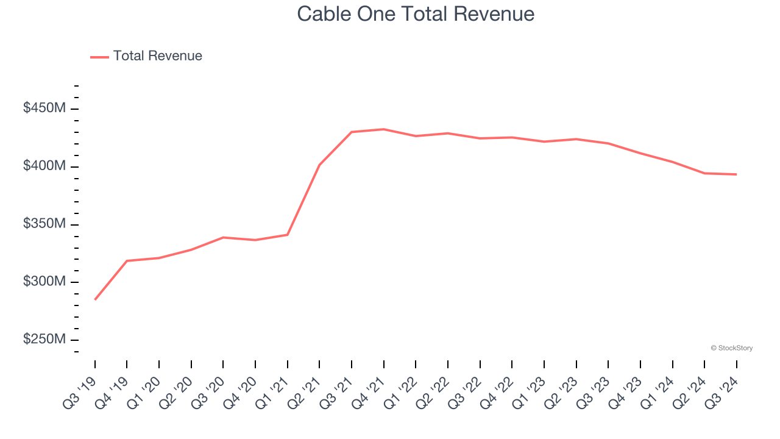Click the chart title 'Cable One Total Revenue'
point(416,13)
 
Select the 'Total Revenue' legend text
point(157,56)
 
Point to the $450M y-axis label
point(44,109)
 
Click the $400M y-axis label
point(44,166)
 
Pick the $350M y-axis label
point(44,224)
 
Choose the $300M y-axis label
point(44,282)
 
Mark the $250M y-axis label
point(44,340)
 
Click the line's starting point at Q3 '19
point(95,299)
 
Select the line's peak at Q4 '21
point(383,129)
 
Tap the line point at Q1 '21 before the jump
point(287,235)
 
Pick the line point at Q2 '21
point(319,165)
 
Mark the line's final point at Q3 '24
point(736,174)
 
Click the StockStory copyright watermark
point(731,348)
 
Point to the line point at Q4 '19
point(127,261)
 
